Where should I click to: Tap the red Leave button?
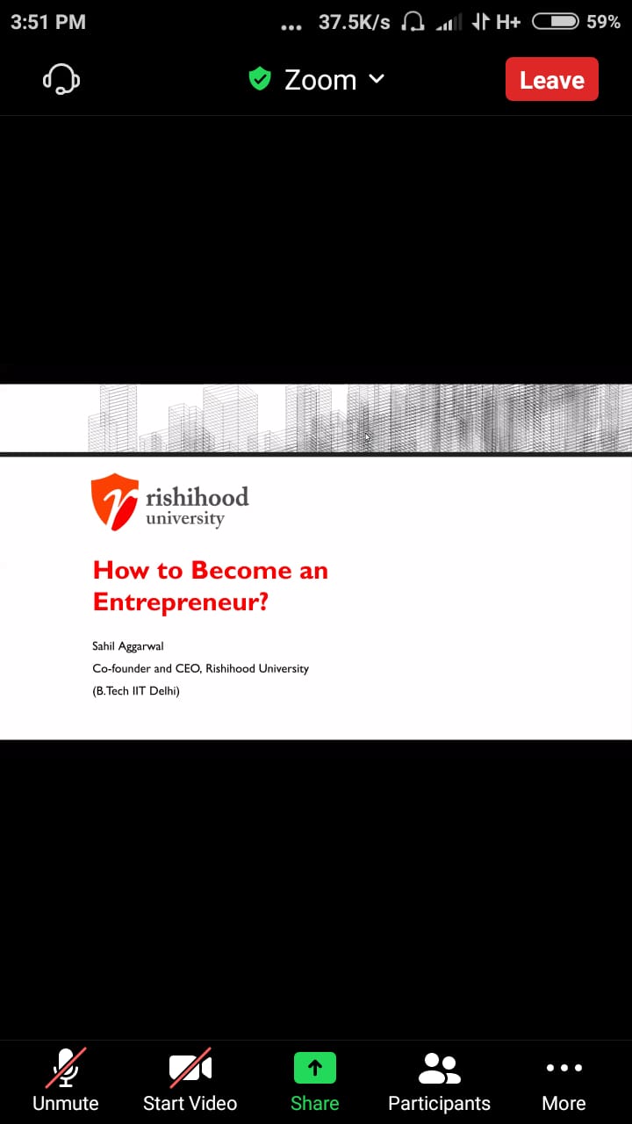coord(552,79)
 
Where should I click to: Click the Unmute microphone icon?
coord(66,1067)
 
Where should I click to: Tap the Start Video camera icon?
coord(190,1067)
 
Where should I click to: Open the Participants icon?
coord(440,1069)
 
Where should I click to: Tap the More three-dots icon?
coord(564,1067)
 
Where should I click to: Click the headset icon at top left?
coord(61,79)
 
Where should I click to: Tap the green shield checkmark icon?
coord(260,79)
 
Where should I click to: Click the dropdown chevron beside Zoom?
coord(377,79)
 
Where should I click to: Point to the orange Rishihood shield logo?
coord(115,501)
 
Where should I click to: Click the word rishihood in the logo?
coord(197,497)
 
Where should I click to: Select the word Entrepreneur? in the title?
coord(181,602)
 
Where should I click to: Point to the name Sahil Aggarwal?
coord(128,646)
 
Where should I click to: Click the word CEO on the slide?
coord(188,668)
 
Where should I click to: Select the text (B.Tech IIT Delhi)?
coord(136,691)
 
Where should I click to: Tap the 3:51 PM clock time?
coord(48,22)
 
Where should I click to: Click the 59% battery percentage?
coord(603,22)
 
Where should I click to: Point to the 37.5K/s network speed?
coord(354,22)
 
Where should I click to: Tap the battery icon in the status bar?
coord(556,22)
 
